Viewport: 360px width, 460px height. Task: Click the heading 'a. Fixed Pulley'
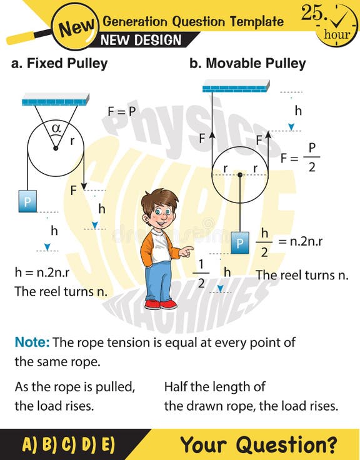[x=59, y=64]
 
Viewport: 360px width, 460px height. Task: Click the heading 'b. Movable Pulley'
[x=247, y=64]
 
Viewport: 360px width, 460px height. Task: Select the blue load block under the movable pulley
[x=239, y=242]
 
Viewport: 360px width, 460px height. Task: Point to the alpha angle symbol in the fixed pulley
[x=56, y=127]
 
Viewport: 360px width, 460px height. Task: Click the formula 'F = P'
[x=121, y=111]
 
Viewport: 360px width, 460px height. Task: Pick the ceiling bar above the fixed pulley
[x=56, y=99]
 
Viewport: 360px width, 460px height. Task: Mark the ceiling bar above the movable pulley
[x=236, y=86]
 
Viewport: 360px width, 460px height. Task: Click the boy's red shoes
[x=161, y=304]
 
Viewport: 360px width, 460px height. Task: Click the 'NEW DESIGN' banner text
[x=141, y=40]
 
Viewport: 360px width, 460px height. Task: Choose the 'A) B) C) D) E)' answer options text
[x=69, y=444]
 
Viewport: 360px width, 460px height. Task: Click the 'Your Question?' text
[x=258, y=444]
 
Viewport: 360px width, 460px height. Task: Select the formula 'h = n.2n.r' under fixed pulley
[x=47, y=273]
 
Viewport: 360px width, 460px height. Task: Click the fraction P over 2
[x=312, y=157]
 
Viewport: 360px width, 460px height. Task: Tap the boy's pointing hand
[x=186, y=252]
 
